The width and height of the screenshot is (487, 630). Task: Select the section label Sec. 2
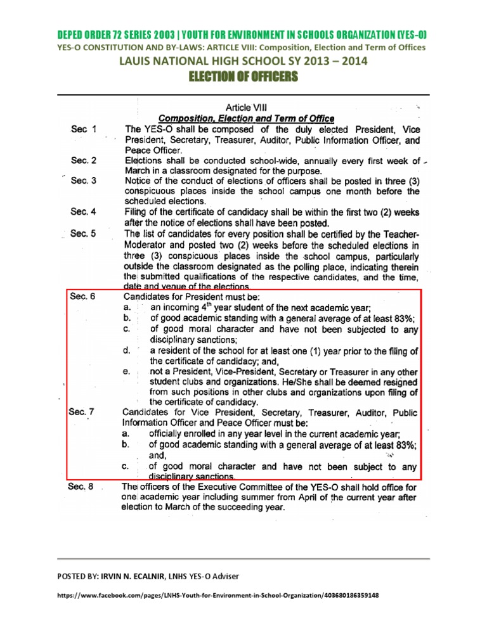(x=84, y=160)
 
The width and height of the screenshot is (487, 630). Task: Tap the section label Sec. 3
(x=84, y=181)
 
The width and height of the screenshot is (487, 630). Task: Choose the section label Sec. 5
(x=84, y=233)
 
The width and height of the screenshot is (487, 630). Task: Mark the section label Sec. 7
(x=83, y=413)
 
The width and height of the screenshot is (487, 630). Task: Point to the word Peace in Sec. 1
(x=138, y=150)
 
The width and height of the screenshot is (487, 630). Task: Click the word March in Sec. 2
(x=139, y=171)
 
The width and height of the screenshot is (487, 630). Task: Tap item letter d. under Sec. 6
(x=126, y=350)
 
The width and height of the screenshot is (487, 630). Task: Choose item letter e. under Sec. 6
(x=126, y=371)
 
